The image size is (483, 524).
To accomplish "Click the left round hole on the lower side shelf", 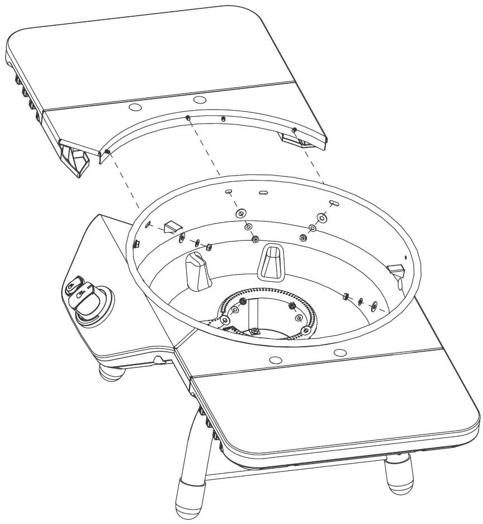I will pyautogui.click(x=273, y=360).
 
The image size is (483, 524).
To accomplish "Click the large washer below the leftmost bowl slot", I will pyautogui.click(x=240, y=213).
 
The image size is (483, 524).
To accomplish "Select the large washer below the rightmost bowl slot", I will pyautogui.click(x=321, y=216).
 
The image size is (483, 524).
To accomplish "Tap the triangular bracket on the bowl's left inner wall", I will pyautogui.click(x=172, y=226).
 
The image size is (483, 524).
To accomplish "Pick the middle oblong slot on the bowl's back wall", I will pyautogui.click(x=264, y=194).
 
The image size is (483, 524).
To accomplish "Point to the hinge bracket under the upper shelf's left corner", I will pyautogui.click(x=75, y=159).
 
